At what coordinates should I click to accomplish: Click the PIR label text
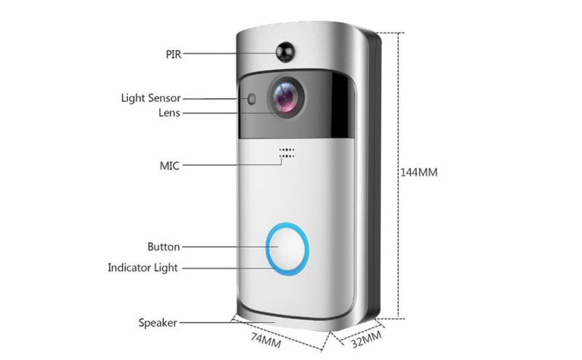(x=173, y=55)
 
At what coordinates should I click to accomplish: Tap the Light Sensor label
(x=151, y=98)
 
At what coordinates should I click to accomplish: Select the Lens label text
(x=170, y=113)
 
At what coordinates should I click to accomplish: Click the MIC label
(x=170, y=166)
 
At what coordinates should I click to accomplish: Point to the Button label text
(x=164, y=247)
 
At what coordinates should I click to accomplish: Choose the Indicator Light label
(x=143, y=268)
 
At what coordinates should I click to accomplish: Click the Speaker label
(x=158, y=322)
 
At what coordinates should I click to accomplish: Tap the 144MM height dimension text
(x=419, y=172)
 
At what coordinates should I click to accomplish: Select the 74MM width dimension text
(x=266, y=340)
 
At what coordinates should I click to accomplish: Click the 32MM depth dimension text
(x=367, y=339)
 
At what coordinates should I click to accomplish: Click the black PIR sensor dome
(x=285, y=52)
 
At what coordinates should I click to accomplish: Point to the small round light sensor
(x=252, y=99)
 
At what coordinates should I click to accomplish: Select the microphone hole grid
(x=287, y=153)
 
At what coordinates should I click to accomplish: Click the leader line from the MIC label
(x=232, y=165)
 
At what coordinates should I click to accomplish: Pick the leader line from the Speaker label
(x=227, y=322)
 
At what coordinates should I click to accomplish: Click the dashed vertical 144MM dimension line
(x=399, y=175)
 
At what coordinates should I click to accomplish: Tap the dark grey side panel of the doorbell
(x=374, y=175)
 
